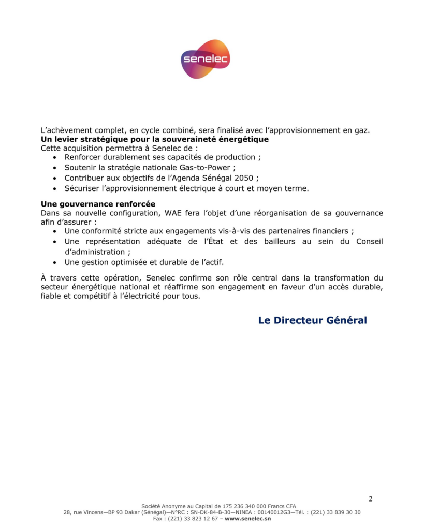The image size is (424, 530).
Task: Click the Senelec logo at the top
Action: [x=205, y=59]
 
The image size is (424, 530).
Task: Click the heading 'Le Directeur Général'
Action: [x=312, y=320]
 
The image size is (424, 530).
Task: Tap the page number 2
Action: [x=370, y=499]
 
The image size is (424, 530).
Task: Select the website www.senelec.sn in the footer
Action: [x=247, y=518]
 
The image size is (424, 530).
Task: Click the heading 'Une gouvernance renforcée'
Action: [x=98, y=204]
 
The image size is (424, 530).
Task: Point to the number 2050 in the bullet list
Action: [x=244, y=178]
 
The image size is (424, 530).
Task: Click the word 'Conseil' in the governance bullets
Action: [x=370, y=241]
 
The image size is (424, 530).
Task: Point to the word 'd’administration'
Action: [x=94, y=252]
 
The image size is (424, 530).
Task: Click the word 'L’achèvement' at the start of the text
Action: [x=64, y=130]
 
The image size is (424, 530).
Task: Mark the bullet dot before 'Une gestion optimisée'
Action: [x=55, y=262]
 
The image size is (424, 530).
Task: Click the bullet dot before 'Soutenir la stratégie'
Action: [x=55, y=168]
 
